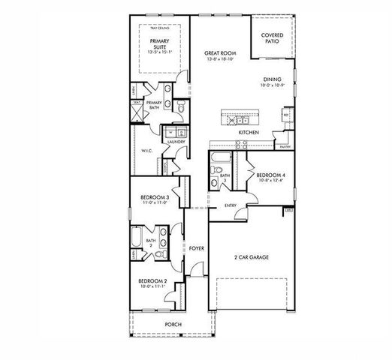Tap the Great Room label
(220, 53)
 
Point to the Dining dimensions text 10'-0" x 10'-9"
(271, 86)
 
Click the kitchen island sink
(242, 118)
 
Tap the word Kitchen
(249, 133)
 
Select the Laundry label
(176, 141)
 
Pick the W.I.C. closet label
(147, 151)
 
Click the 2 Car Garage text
(252, 257)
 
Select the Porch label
(173, 325)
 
